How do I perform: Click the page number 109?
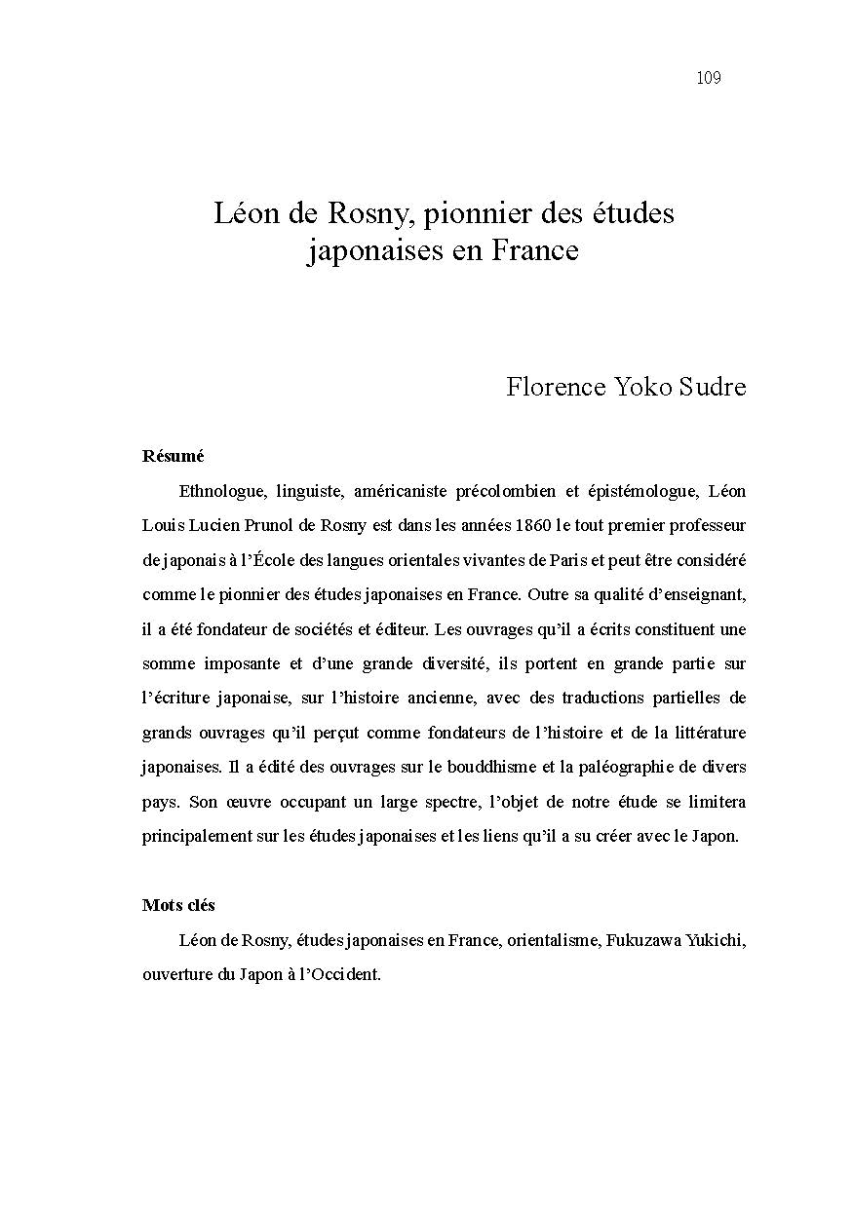tap(709, 79)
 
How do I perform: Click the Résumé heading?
tap(173, 456)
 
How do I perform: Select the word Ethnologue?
tap(220, 490)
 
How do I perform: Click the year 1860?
tap(528, 525)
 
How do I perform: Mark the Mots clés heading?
tap(178, 905)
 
